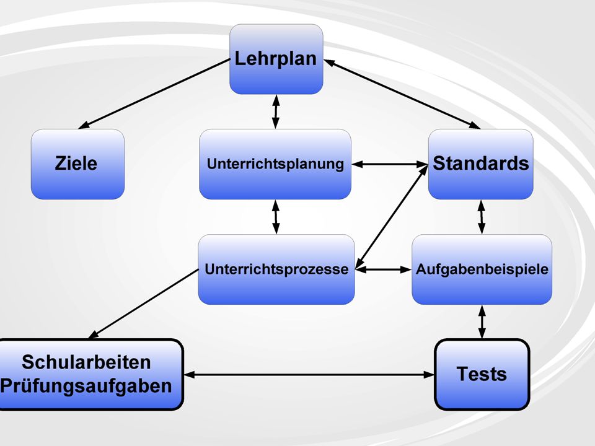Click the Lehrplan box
tap(276, 59)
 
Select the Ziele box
tap(78, 164)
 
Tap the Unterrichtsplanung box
tap(275, 164)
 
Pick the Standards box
tap(481, 164)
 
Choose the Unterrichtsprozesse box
tap(276, 269)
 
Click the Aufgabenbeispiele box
tap(482, 269)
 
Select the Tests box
tap(482, 374)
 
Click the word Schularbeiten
tap(86, 362)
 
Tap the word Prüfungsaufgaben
tap(86, 386)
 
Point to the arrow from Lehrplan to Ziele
tap(154, 94)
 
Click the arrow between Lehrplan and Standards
tap(402, 94)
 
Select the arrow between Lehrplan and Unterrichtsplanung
tap(276, 112)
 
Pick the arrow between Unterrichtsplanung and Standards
tap(390, 164)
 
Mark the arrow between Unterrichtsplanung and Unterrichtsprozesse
tap(276, 217)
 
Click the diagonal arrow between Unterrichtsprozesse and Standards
tap(392, 217)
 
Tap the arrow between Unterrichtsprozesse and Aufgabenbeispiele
tap(383, 269)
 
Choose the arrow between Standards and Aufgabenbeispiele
tap(482, 217)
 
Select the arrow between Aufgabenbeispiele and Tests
tap(482, 322)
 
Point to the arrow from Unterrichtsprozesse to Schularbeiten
tap(143, 304)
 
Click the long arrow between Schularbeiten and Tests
tap(309, 375)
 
